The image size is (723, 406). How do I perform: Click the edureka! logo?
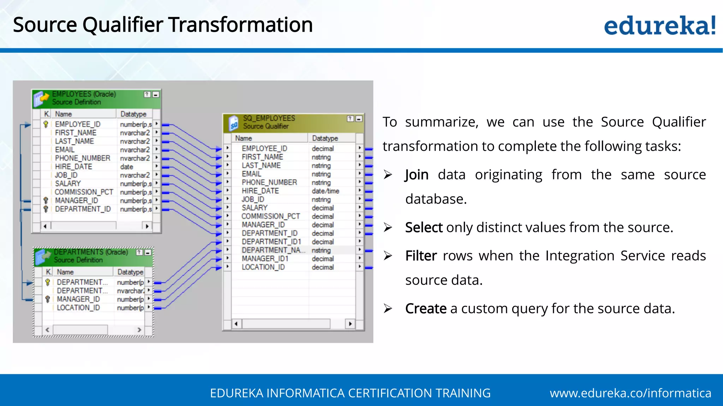click(659, 25)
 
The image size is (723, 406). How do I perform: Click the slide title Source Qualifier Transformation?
click(163, 25)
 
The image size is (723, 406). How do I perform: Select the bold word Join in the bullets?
click(417, 175)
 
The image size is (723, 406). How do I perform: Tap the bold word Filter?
click(421, 256)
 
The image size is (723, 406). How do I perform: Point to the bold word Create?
click(426, 309)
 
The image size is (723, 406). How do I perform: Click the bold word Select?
click(424, 228)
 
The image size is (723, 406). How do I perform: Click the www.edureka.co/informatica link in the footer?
click(630, 393)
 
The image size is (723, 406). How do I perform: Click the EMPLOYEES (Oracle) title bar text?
click(84, 94)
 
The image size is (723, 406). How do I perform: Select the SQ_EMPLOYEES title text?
click(269, 118)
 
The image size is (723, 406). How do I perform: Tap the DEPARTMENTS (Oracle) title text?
click(91, 252)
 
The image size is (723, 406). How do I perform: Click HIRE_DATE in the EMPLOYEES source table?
click(73, 167)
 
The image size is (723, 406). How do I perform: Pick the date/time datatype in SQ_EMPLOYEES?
click(325, 191)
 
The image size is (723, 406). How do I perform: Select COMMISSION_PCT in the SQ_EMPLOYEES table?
click(270, 216)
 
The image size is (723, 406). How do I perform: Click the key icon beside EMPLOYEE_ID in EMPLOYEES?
click(46, 124)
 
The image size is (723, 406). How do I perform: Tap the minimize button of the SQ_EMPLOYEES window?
click(359, 119)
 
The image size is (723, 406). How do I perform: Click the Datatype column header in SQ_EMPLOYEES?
click(325, 139)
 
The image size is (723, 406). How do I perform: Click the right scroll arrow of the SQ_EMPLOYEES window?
click(350, 324)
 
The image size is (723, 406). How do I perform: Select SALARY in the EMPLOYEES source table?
click(68, 184)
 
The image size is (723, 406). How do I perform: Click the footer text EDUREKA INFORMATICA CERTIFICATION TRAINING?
click(350, 393)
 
